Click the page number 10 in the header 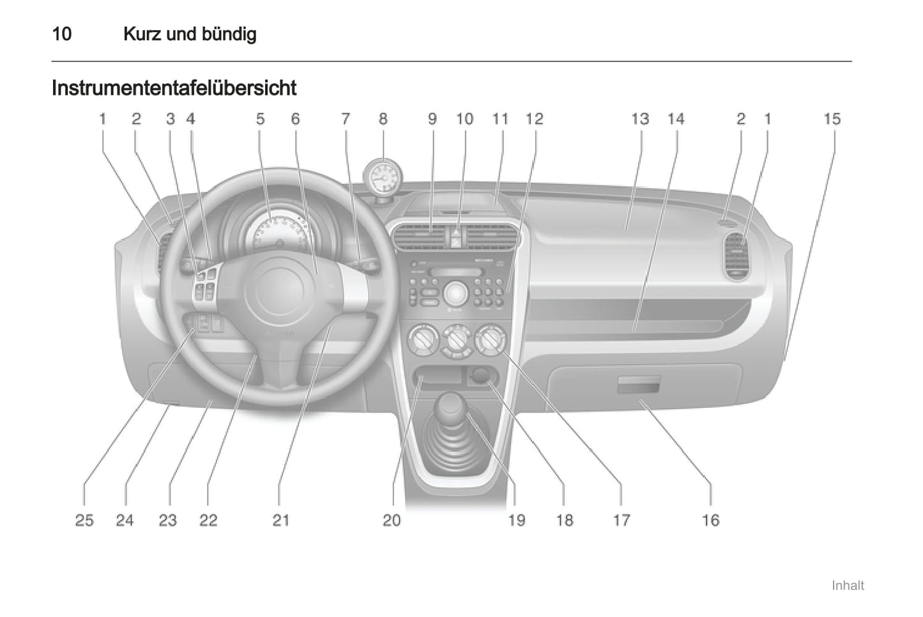pyautogui.click(x=62, y=33)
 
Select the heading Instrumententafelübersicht pyautogui.click(x=174, y=88)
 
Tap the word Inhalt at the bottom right pyautogui.click(x=848, y=586)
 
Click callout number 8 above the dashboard pyautogui.click(x=383, y=119)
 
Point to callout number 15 pyautogui.click(x=832, y=119)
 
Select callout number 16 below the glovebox pyautogui.click(x=710, y=520)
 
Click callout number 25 pyautogui.click(x=84, y=520)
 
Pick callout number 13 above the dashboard pyautogui.click(x=640, y=119)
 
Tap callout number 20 pyautogui.click(x=392, y=520)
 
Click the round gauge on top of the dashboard pyautogui.click(x=383, y=178)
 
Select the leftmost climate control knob pyautogui.click(x=423, y=339)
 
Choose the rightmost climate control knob pyautogui.click(x=490, y=338)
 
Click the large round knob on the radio pyautogui.click(x=455, y=293)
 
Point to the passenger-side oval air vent pyautogui.click(x=736, y=256)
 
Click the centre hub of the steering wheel pyautogui.click(x=279, y=288)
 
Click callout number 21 pyautogui.click(x=281, y=520)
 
